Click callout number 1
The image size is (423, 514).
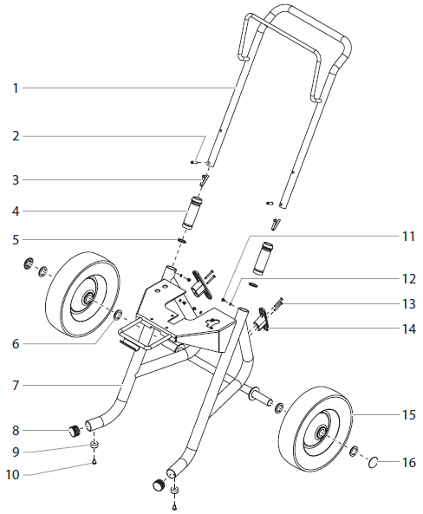pos(15,88)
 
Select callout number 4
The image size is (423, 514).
pos(15,211)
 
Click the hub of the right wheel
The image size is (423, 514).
pos(322,431)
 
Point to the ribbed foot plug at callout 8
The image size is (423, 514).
pos(74,429)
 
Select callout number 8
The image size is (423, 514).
pos(15,429)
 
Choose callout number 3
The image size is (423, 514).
pos(15,179)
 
